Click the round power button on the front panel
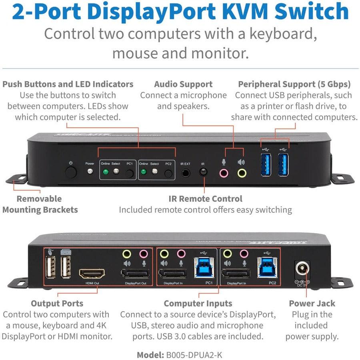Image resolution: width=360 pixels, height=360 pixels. pyautogui.click(x=71, y=173)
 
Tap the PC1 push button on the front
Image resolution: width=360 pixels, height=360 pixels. pyautogui.click(x=130, y=174)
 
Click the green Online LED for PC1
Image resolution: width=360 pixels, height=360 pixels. pyautogui.click(x=105, y=172)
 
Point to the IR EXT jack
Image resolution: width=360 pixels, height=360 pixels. pyautogui.click(x=185, y=173)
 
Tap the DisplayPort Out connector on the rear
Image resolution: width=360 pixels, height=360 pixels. pyautogui.click(x=135, y=275)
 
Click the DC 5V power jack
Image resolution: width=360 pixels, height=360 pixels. pyautogui.click(x=302, y=269)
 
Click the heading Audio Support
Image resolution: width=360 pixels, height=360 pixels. pyautogui.click(x=183, y=84)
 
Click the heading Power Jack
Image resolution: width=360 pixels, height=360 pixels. pyautogui.click(x=312, y=303)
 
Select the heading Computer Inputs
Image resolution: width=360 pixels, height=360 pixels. pyautogui.click(x=198, y=303)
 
